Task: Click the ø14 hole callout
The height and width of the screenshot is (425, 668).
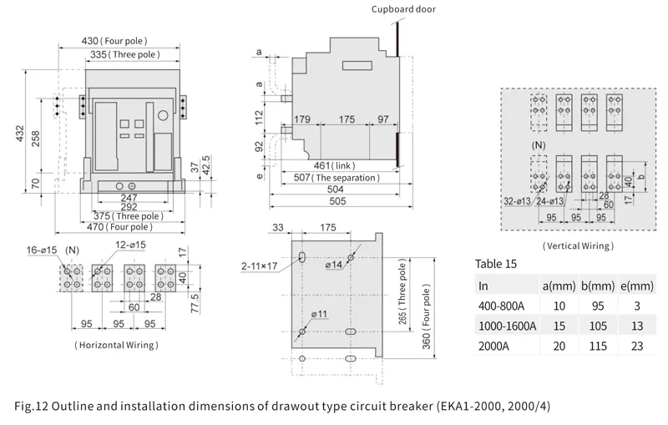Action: pyautogui.click(x=336, y=265)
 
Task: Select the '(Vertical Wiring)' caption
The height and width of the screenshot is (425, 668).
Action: pyautogui.click(x=578, y=245)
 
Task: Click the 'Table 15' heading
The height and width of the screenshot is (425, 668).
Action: pyautogui.click(x=496, y=264)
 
